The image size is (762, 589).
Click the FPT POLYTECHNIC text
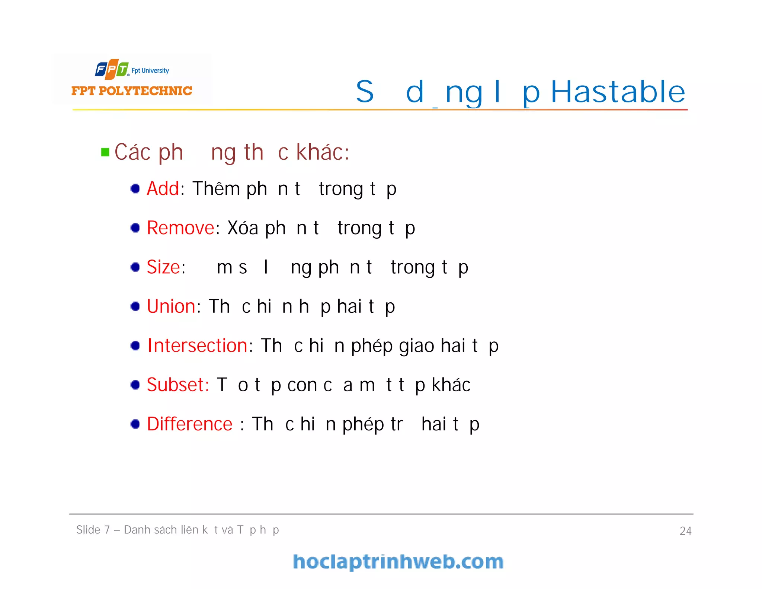[x=132, y=91]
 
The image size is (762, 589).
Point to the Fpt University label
[x=150, y=70]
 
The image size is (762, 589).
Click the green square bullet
[x=105, y=152]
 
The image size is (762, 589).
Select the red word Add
[x=163, y=188]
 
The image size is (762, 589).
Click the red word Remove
[x=180, y=228]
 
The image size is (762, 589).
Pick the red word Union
[x=171, y=306]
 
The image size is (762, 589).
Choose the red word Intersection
[x=198, y=346]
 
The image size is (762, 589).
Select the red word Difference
[x=189, y=424]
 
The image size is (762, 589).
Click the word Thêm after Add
[x=216, y=188]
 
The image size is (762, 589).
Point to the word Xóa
[x=243, y=228]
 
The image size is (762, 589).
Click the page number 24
[x=685, y=531]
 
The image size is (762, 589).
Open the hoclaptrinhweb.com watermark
[x=398, y=562]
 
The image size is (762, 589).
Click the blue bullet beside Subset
[x=135, y=385]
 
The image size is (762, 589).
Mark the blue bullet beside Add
[x=135, y=188]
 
